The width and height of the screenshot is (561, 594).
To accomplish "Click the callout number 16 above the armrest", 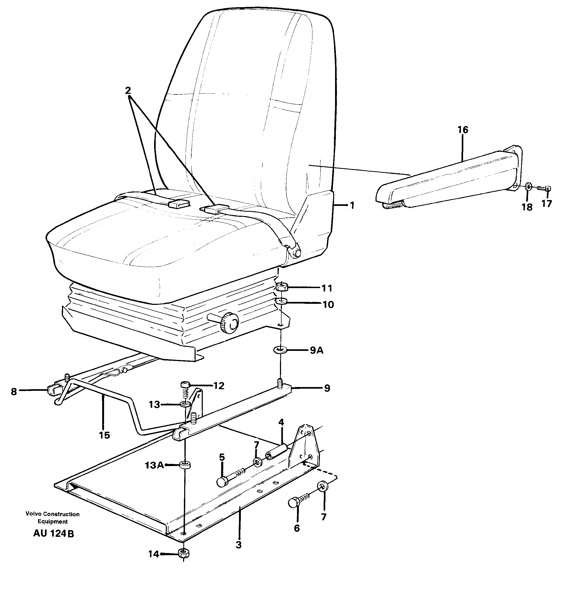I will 463,130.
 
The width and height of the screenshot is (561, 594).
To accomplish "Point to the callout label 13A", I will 154,466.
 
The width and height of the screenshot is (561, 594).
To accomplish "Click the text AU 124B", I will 53,534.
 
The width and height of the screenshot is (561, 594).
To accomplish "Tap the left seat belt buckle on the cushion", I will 179,203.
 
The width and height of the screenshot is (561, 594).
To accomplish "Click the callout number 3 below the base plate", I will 238,545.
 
